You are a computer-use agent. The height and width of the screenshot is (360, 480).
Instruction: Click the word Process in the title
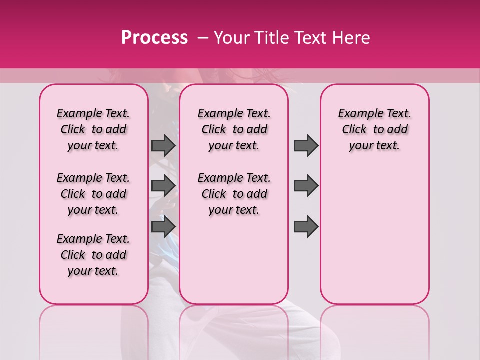pos(154,38)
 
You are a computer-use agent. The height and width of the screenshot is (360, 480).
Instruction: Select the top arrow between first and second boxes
pos(163,146)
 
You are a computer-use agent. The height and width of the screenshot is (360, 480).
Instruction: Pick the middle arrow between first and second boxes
pos(163,186)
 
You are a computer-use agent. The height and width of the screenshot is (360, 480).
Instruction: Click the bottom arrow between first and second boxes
pos(163,226)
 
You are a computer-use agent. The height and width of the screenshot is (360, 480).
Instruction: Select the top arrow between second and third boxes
pos(306,146)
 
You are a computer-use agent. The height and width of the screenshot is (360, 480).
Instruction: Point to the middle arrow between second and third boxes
pos(306,186)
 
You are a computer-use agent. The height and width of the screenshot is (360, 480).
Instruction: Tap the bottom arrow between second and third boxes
pos(306,226)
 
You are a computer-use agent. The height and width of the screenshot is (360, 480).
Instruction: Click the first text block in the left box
pos(93,129)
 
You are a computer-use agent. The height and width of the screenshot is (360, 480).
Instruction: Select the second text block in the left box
pos(93,194)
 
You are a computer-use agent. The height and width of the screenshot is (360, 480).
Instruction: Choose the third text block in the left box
pos(93,255)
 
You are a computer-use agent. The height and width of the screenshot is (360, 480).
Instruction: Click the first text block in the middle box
pos(234,129)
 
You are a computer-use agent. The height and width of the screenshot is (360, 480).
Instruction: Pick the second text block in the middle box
pos(234,194)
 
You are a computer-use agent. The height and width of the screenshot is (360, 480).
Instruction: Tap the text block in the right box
pos(374,129)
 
